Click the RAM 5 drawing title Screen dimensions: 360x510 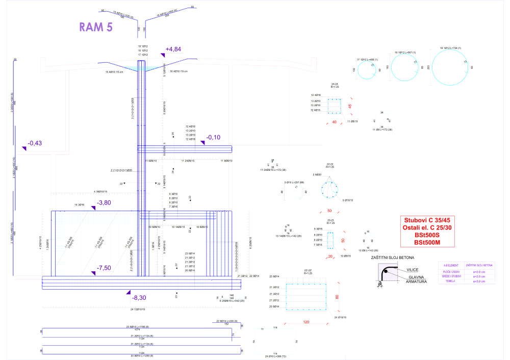[96, 27]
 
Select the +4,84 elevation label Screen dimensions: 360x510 [173, 49]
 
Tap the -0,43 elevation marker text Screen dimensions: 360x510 [34, 143]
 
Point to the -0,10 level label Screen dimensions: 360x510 [214, 137]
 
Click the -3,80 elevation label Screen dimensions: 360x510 [104, 202]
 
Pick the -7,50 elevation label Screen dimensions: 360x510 [104, 268]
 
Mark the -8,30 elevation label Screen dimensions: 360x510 [139, 297]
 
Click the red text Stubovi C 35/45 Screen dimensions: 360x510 [424, 220]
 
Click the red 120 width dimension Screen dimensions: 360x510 [307, 322]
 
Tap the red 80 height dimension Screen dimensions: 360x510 [337, 296]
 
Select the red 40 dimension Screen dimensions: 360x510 [335, 122]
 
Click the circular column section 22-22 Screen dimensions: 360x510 [329, 190]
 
